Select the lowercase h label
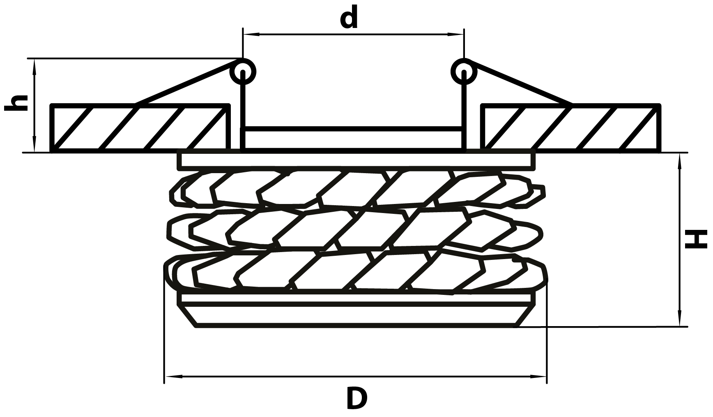tap(16, 102)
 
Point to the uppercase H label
tap(697, 239)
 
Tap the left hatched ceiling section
tap(140, 128)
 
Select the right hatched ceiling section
tap(571, 128)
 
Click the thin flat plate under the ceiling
tap(356, 161)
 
